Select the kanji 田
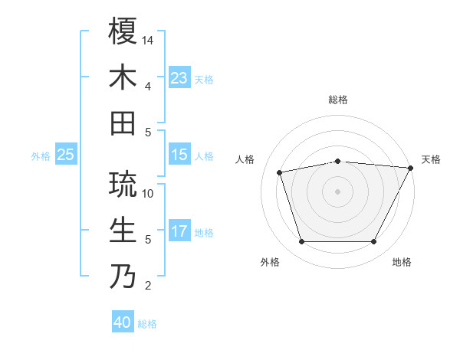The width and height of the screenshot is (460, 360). pyautogui.click(x=123, y=123)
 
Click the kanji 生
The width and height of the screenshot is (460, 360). pyautogui.click(x=123, y=231)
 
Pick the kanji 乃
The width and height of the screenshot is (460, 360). pyautogui.click(x=123, y=277)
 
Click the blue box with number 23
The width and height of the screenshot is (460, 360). pyautogui.click(x=179, y=77)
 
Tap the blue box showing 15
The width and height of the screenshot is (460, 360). pyautogui.click(x=179, y=155)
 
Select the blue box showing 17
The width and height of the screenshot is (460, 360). pyautogui.click(x=179, y=232)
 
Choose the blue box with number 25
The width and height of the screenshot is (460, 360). pyautogui.click(x=66, y=155)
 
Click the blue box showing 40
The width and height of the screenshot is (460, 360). pyautogui.click(x=123, y=322)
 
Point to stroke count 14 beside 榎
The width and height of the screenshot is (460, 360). pyautogui.click(x=149, y=40)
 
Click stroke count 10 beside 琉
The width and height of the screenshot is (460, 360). pyautogui.click(x=149, y=193)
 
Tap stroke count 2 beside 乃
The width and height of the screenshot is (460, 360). pyautogui.click(x=147, y=286)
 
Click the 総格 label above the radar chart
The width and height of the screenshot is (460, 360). pyautogui.click(x=338, y=100)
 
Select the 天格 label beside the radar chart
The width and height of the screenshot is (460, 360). pyautogui.click(x=432, y=159)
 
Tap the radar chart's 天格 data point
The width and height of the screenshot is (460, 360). pyautogui.click(x=412, y=168)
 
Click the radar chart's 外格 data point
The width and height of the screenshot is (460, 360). pyautogui.click(x=301, y=242)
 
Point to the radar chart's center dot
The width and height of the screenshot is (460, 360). pyautogui.click(x=338, y=191)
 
